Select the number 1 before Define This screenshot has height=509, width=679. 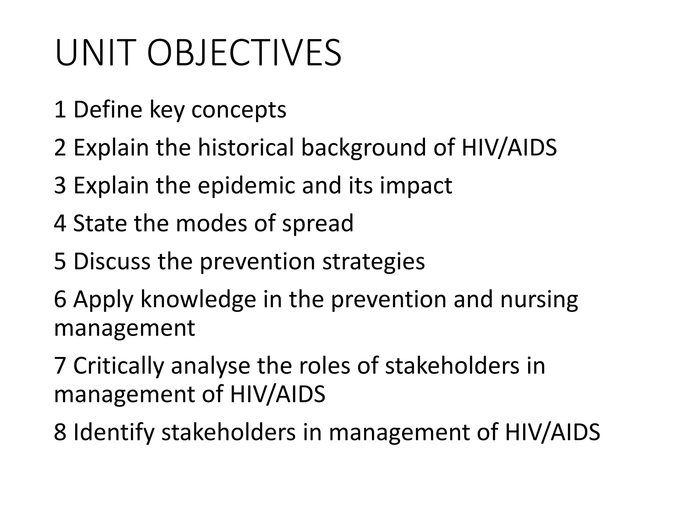click(60, 110)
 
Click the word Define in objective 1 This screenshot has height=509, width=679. click(108, 110)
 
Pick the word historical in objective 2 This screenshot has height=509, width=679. click(246, 147)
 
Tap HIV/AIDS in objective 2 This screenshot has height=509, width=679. click(509, 147)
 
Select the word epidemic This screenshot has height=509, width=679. click(246, 186)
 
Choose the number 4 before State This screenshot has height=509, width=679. click(60, 223)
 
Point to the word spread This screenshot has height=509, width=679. click(318, 224)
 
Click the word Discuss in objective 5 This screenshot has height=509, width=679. click(112, 261)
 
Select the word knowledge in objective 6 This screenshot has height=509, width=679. click(198, 300)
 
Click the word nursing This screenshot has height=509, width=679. click(539, 300)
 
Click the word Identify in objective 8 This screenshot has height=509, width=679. click(114, 433)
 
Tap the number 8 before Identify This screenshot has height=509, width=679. click(60, 432)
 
